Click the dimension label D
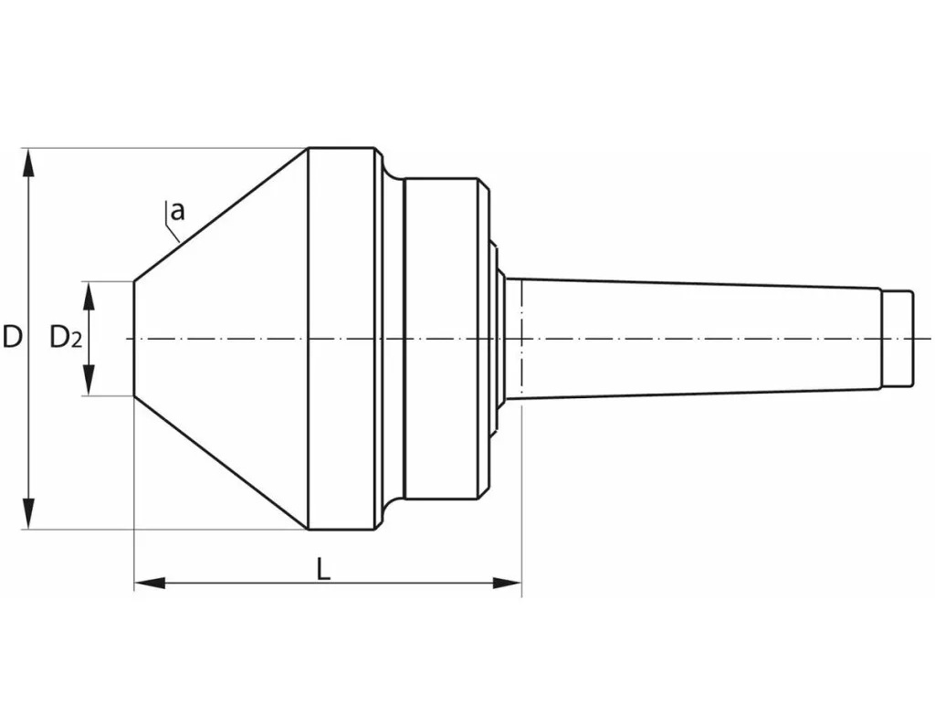pyautogui.click(x=12, y=337)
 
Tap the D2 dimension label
pyautogui.click(x=66, y=338)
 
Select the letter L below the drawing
pyautogui.click(x=322, y=569)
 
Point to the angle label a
pyautogui.click(x=178, y=211)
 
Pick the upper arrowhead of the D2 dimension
pyautogui.click(x=89, y=295)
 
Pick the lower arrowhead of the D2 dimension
pyautogui.click(x=89, y=381)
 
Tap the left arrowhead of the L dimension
pyautogui.click(x=149, y=583)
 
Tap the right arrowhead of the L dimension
pyautogui.click(x=507, y=583)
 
